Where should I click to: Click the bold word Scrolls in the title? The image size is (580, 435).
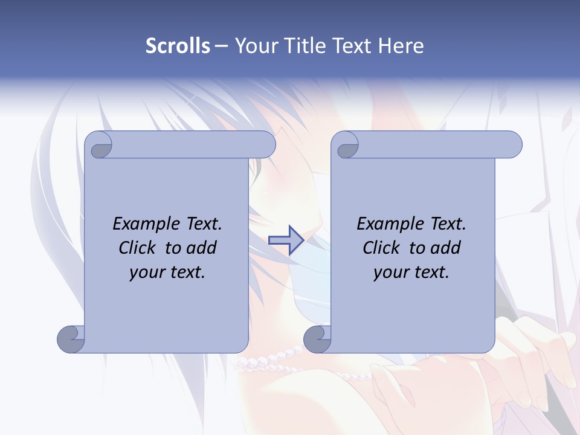(x=178, y=46)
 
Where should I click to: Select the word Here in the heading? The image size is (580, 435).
(x=401, y=46)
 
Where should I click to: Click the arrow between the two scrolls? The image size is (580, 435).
(x=286, y=240)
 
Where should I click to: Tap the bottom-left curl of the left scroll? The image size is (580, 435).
(x=71, y=338)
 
